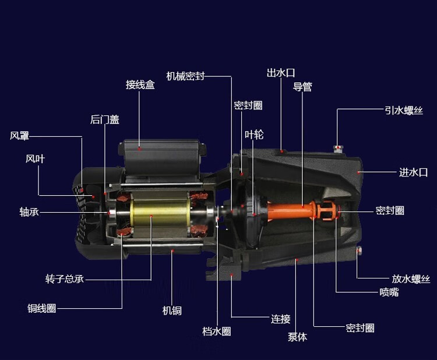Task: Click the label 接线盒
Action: tap(140, 84)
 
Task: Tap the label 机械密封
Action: tap(185, 76)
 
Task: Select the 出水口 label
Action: tap(281, 73)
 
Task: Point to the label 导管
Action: tap(302, 87)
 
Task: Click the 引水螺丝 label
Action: tap(404, 110)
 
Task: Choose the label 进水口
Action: tap(413, 172)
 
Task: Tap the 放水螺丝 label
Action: tap(411, 279)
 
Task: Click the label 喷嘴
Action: tap(389, 292)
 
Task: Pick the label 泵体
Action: tap(297, 337)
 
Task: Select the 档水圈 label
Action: tap(217, 331)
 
